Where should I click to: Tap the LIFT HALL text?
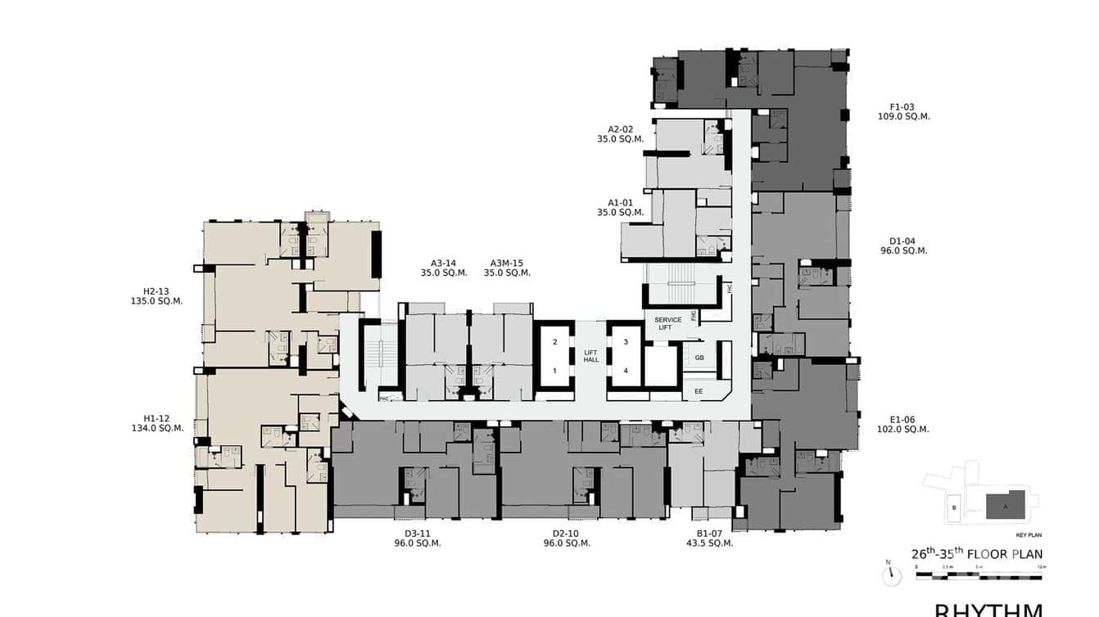(x=591, y=356)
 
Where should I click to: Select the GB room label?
(x=699, y=358)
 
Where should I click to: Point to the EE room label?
(x=699, y=392)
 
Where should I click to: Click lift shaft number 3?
(x=626, y=342)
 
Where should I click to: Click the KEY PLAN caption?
(x=1028, y=535)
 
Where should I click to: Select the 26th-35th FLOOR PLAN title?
(x=977, y=554)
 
